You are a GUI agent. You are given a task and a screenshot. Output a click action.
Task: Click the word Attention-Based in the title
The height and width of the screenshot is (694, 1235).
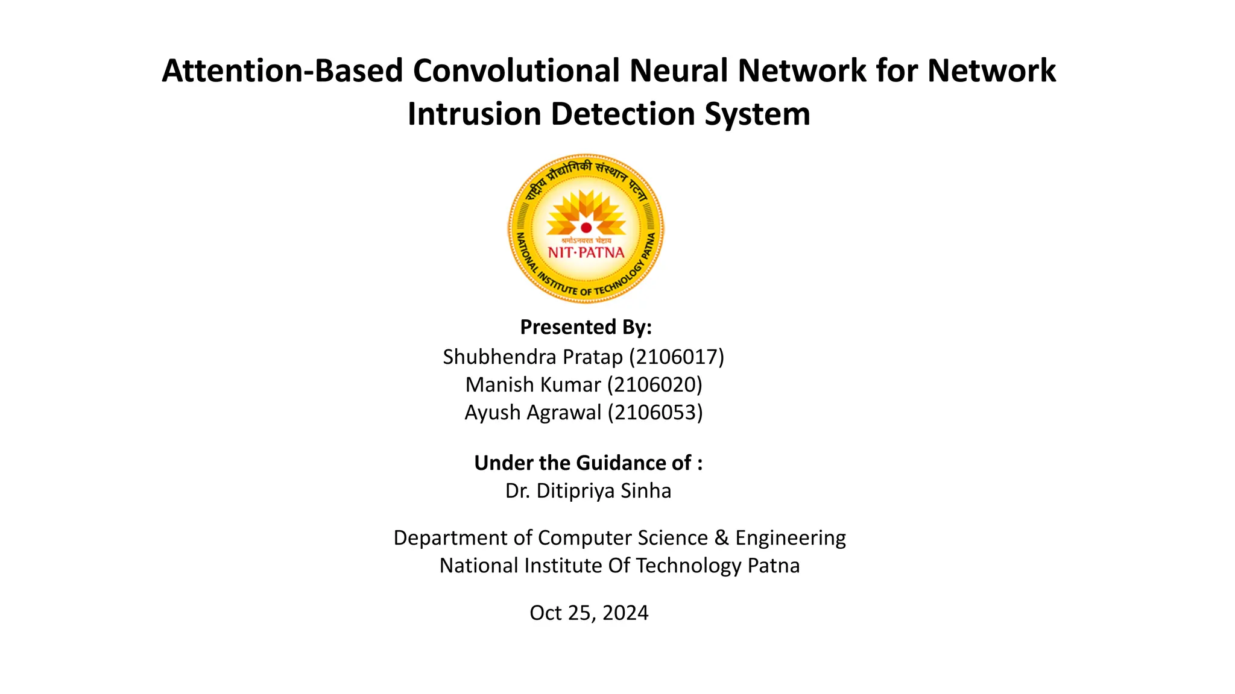pyautogui.click(x=282, y=71)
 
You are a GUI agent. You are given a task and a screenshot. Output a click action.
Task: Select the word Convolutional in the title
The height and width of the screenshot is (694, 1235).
pyautogui.click(x=516, y=71)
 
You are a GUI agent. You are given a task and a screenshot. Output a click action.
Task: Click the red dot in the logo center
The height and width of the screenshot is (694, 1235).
pyautogui.click(x=586, y=228)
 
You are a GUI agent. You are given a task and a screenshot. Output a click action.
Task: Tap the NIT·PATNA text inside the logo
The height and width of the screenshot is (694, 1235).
pyautogui.click(x=586, y=252)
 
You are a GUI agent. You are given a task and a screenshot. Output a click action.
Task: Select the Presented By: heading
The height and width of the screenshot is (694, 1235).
pyautogui.click(x=586, y=327)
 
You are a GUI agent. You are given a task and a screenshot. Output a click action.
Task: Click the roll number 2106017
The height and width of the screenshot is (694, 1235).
pyautogui.click(x=676, y=357)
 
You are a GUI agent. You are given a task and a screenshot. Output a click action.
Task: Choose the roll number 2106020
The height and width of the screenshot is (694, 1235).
pyautogui.click(x=654, y=385)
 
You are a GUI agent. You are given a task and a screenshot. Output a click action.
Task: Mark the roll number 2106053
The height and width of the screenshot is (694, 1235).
pyautogui.click(x=655, y=413)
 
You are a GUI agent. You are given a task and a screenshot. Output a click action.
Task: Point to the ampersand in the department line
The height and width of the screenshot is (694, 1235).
pyautogui.click(x=721, y=538)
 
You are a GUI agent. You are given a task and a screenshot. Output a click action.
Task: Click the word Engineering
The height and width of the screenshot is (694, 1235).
pyautogui.click(x=791, y=538)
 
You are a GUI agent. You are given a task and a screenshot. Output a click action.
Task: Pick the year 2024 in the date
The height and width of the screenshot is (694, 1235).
pyautogui.click(x=625, y=613)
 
